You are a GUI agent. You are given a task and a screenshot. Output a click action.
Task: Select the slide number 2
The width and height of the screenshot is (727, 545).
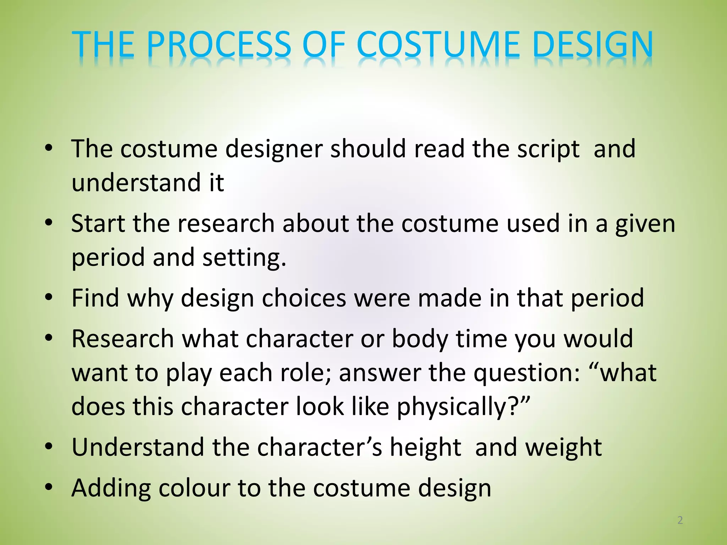[x=680, y=520]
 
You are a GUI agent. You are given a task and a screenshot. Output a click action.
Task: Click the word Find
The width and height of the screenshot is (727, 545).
[x=95, y=298]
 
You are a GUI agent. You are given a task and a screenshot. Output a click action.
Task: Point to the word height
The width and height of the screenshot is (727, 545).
[x=426, y=448]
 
